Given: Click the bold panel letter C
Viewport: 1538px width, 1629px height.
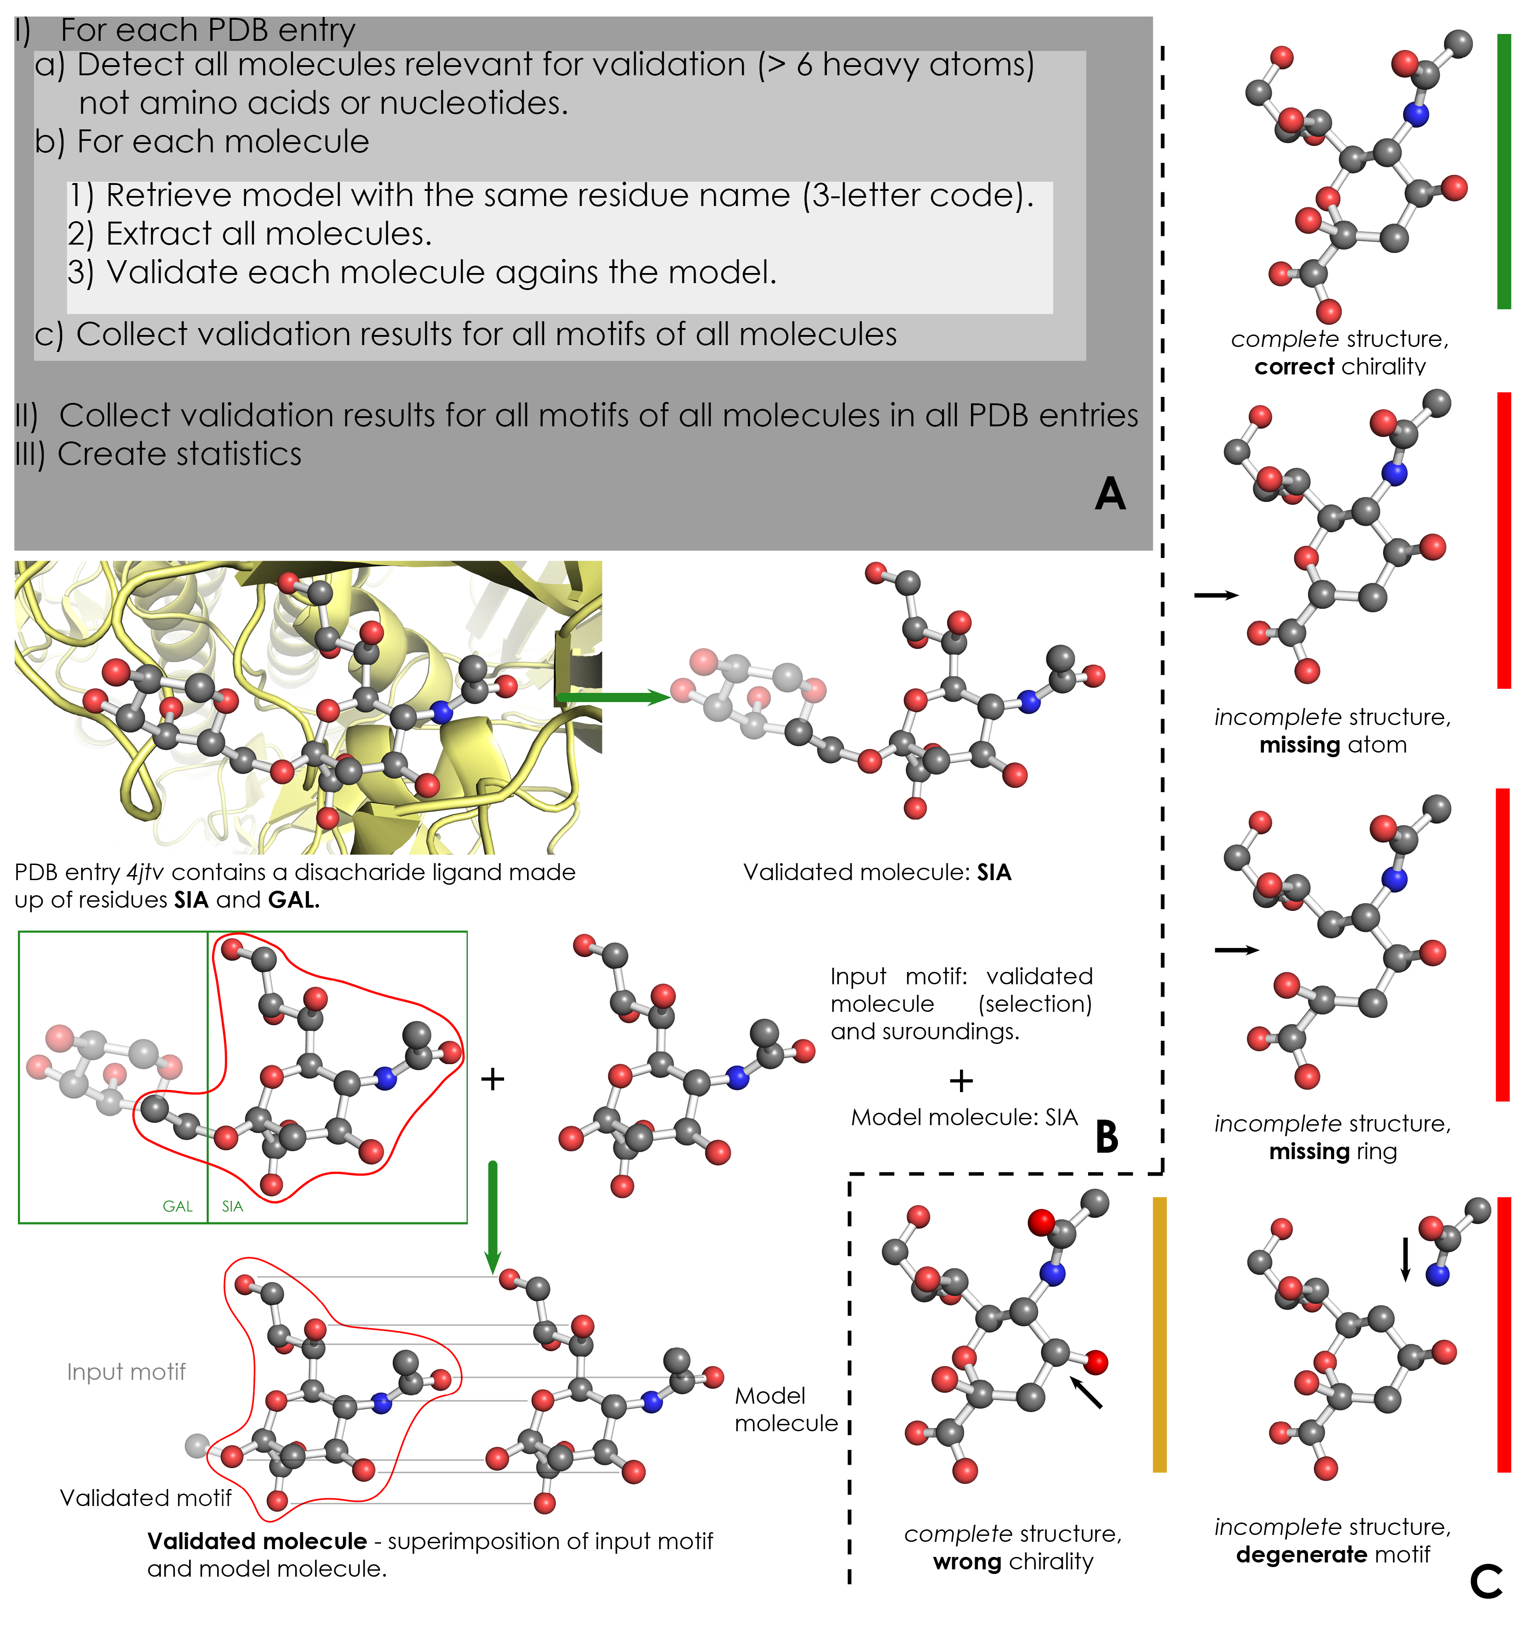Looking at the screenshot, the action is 1486,1581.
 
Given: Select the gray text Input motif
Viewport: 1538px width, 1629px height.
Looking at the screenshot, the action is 126,1372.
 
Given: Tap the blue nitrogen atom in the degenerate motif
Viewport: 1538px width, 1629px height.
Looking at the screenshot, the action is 1437,1274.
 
